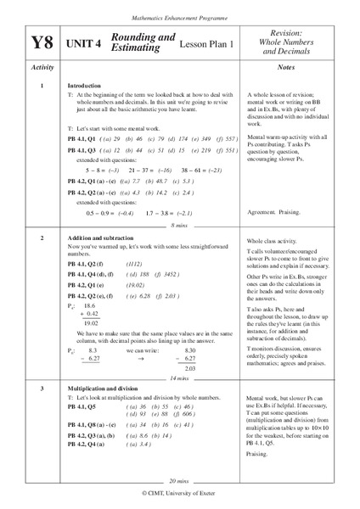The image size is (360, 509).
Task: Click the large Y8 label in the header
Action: (x=42, y=43)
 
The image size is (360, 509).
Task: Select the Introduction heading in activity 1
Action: (x=84, y=87)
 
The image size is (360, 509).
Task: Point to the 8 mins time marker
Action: (x=178, y=226)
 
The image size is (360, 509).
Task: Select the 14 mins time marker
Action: (x=178, y=378)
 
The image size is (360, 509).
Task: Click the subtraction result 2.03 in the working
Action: (x=190, y=369)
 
